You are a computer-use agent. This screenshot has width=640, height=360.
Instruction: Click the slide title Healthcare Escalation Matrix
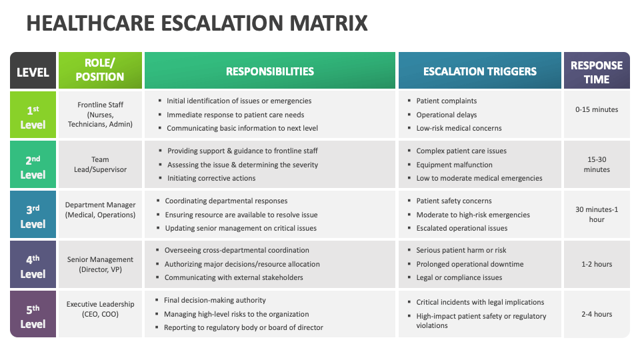tap(197, 23)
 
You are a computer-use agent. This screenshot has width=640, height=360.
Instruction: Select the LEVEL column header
tap(33, 71)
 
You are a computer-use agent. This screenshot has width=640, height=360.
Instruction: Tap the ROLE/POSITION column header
tap(100, 70)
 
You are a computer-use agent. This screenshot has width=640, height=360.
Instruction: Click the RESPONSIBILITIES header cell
tap(269, 71)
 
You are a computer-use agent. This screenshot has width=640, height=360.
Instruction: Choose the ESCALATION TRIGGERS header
tap(480, 71)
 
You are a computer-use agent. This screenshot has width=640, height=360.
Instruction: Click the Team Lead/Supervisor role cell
tap(100, 165)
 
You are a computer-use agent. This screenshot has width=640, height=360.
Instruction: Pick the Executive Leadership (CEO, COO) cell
tap(100, 309)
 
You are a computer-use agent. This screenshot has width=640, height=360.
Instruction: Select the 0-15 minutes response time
tap(597, 109)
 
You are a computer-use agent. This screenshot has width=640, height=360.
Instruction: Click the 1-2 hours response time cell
tap(597, 264)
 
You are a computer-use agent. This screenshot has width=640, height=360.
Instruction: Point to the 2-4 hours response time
tap(597, 314)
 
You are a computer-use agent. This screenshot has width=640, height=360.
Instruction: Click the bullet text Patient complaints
tap(447, 101)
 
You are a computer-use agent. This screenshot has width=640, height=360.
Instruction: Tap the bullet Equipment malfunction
tap(455, 165)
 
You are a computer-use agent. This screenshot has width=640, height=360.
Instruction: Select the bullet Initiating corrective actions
tap(211, 178)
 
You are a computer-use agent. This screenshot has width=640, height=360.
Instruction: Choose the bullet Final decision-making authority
tap(215, 300)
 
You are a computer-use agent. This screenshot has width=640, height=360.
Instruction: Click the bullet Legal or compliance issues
tap(459, 277)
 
